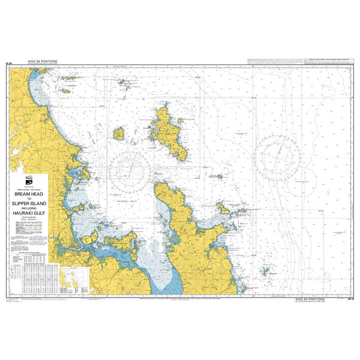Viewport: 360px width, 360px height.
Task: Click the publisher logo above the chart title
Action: pyautogui.click(x=29, y=183)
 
